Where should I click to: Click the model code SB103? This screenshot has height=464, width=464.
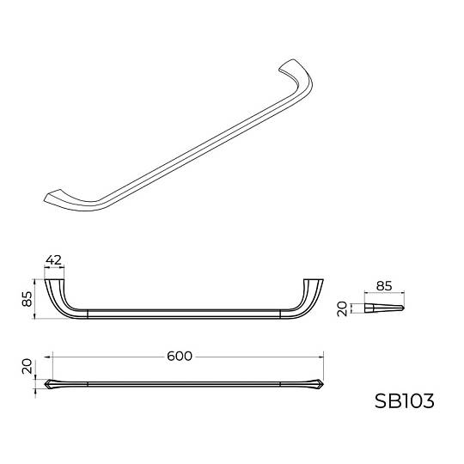coord(404,401)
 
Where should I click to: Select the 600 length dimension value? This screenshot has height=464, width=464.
coord(180,356)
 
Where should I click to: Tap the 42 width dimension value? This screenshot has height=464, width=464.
coord(54,259)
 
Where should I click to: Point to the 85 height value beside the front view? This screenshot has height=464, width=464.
coord(27,299)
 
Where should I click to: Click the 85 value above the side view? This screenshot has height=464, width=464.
coord(384,286)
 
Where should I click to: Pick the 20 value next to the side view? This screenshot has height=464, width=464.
coord(342,308)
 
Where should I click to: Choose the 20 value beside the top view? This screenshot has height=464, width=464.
coord(27,366)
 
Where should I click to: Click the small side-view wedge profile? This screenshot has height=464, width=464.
coord(384,308)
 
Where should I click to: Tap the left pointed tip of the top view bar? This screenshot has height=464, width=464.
coord(45,384)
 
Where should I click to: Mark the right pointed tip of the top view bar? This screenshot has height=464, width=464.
coord(324,384)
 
